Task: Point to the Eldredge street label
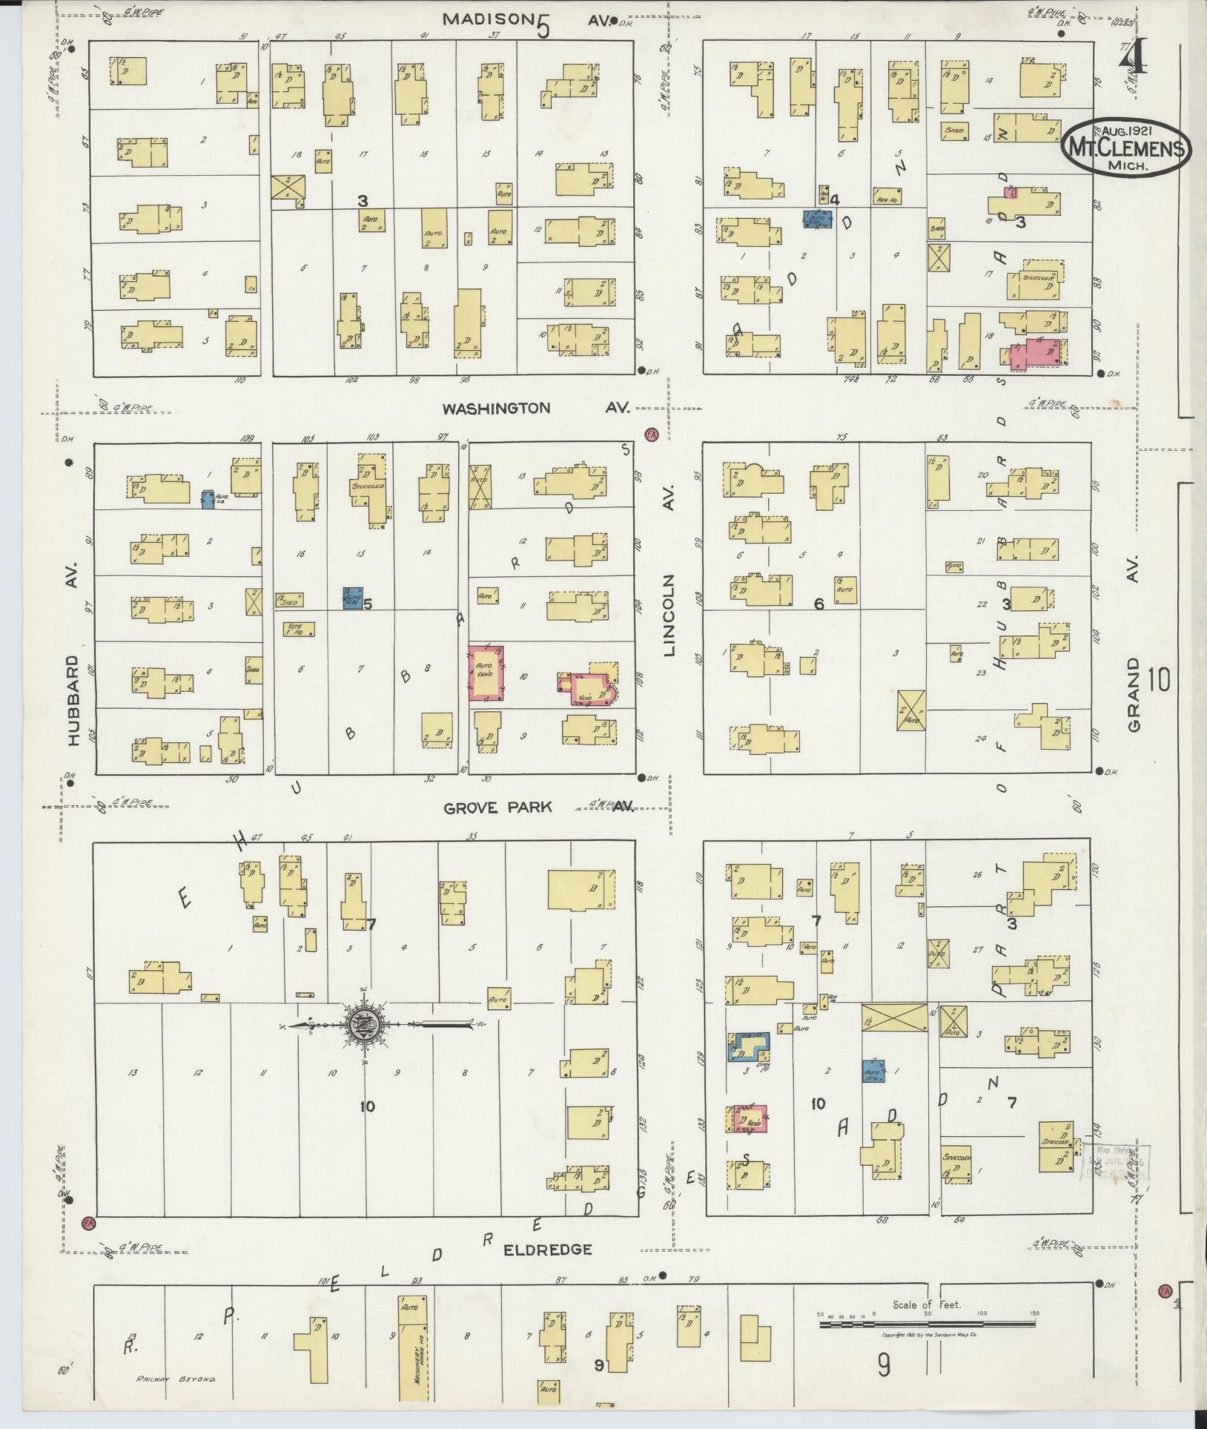pos(548,1250)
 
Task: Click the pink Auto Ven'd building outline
pos(487,673)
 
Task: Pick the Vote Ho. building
pos(300,630)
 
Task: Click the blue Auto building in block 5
pos(353,598)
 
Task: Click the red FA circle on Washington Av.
pos(652,435)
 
